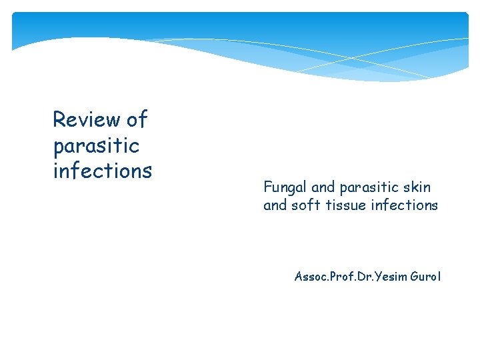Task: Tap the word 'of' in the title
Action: (137, 120)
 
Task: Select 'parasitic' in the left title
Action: (96, 145)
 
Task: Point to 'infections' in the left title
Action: (103, 171)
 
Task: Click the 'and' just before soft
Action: (275, 205)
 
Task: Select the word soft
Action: (305, 205)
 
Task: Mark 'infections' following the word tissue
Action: (405, 205)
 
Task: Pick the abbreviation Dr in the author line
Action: (365, 275)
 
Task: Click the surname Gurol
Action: (427, 275)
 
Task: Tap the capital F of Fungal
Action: (267, 187)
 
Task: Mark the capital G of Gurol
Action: (415, 275)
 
